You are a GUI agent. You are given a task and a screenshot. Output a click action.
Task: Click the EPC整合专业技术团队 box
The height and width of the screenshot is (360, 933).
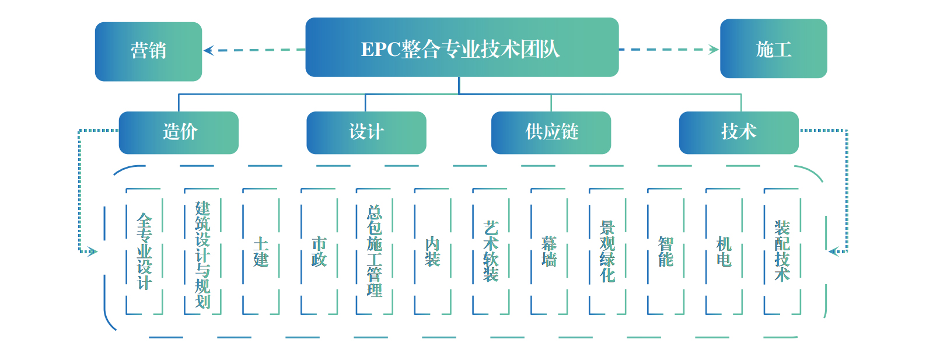(x=462, y=48)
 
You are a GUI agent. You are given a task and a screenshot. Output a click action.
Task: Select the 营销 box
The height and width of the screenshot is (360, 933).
(x=148, y=51)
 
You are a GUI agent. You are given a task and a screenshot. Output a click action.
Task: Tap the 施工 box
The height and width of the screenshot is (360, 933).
(x=773, y=49)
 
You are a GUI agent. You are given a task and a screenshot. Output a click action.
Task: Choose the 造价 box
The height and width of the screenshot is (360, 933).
(x=179, y=132)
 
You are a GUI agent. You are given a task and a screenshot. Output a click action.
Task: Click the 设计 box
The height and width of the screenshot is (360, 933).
(x=366, y=132)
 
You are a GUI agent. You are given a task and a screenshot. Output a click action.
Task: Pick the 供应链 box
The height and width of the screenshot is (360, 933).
(x=551, y=132)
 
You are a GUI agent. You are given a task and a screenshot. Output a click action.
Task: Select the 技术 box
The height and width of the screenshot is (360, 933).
(x=738, y=132)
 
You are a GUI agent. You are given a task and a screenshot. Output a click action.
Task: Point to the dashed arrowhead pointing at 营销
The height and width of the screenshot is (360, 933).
(x=208, y=50)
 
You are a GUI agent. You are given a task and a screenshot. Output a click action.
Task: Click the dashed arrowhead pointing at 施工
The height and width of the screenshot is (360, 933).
(x=714, y=50)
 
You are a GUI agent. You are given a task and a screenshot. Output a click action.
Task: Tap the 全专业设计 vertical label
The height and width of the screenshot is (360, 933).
(x=144, y=251)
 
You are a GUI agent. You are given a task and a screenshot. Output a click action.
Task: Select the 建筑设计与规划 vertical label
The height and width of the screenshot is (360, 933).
(x=202, y=254)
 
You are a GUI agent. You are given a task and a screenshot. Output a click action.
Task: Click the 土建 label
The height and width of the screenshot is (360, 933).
(x=261, y=251)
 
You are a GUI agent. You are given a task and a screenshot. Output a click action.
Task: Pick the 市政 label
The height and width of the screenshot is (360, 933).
(x=319, y=251)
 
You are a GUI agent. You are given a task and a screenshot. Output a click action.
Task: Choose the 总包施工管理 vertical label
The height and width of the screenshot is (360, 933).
(x=374, y=251)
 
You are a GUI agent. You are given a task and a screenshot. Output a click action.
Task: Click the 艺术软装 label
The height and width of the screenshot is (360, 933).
(x=491, y=251)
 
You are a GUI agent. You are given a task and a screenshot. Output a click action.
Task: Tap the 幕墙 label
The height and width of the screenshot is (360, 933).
(x=549, y=251)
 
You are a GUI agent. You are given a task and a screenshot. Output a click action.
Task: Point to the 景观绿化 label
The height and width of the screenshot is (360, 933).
(x=607, y=251)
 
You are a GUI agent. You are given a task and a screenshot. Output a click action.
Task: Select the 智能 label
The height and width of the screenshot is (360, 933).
(x=666, y=251)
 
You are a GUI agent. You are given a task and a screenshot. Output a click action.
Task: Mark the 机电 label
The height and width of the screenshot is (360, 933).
(x=724, y=251)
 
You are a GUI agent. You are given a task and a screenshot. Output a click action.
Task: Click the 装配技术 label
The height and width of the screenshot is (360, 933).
(x=782, y=251)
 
